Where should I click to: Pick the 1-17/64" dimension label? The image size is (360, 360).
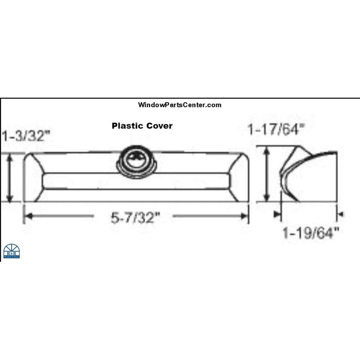coord(276,129)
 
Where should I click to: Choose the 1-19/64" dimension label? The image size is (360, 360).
coord(311,233)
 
